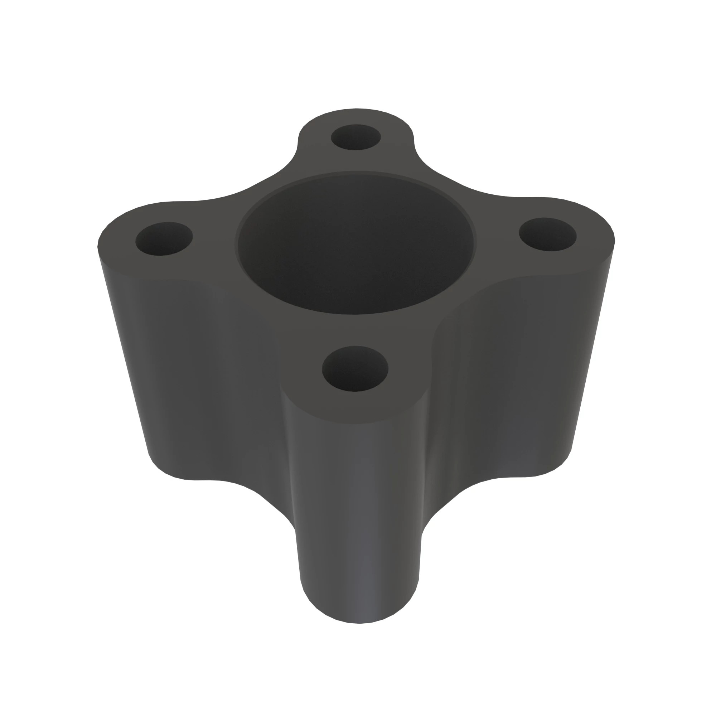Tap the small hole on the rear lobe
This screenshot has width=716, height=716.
[356, 137]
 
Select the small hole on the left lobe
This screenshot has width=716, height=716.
[164, 239]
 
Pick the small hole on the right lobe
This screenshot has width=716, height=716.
[548, 234]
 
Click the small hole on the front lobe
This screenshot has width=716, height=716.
[355, 369]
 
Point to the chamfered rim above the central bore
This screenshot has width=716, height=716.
[356, 174]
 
